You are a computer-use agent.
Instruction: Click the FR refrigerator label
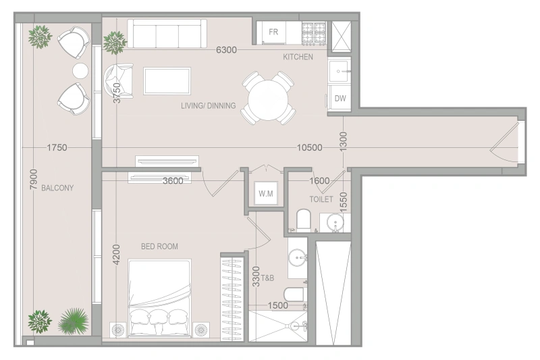(x=273, y=32)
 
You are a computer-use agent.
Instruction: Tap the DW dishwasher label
(x=340, y=99)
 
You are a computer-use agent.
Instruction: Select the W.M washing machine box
(x=266, y=194)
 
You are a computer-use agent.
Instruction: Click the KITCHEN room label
(x=298, y=57)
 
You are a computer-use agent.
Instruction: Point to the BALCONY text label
(x=57, y=188)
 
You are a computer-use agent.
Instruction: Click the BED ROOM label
(x=159, y=247)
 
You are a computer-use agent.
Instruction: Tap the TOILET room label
(x=321, y=199)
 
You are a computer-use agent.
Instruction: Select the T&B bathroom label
(x=267, y=278)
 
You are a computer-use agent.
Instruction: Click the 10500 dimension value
(x=310, y=148)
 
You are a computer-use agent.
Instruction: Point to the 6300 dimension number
(x=226, y=50)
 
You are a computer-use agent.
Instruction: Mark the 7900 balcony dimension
(x=33, y=179)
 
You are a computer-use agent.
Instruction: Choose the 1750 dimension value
(x=57, y=148)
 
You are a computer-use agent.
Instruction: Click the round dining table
(x=268, y=100)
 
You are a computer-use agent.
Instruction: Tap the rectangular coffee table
(x=167, y=81)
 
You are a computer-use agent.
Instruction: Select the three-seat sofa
(x=167, y=33)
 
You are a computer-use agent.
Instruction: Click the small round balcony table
(x=80, y=71)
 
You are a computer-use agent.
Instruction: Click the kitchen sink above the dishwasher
(x=340, y=72)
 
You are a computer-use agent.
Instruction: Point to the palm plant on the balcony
(x=74, y=321)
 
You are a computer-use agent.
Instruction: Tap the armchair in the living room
(x=119, y=81)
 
